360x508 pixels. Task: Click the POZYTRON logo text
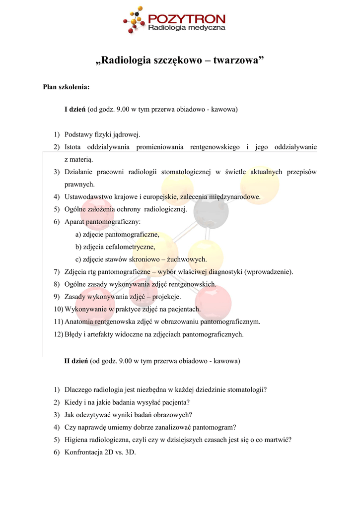(x=187, y=19)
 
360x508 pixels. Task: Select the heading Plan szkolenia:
(x=66, y=87)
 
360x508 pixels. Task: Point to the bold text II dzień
(x=76, y=361)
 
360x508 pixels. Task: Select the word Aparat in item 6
(x=75, y=222)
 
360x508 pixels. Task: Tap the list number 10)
(x=58, y=309)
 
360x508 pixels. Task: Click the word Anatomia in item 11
(x=79, y=321)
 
